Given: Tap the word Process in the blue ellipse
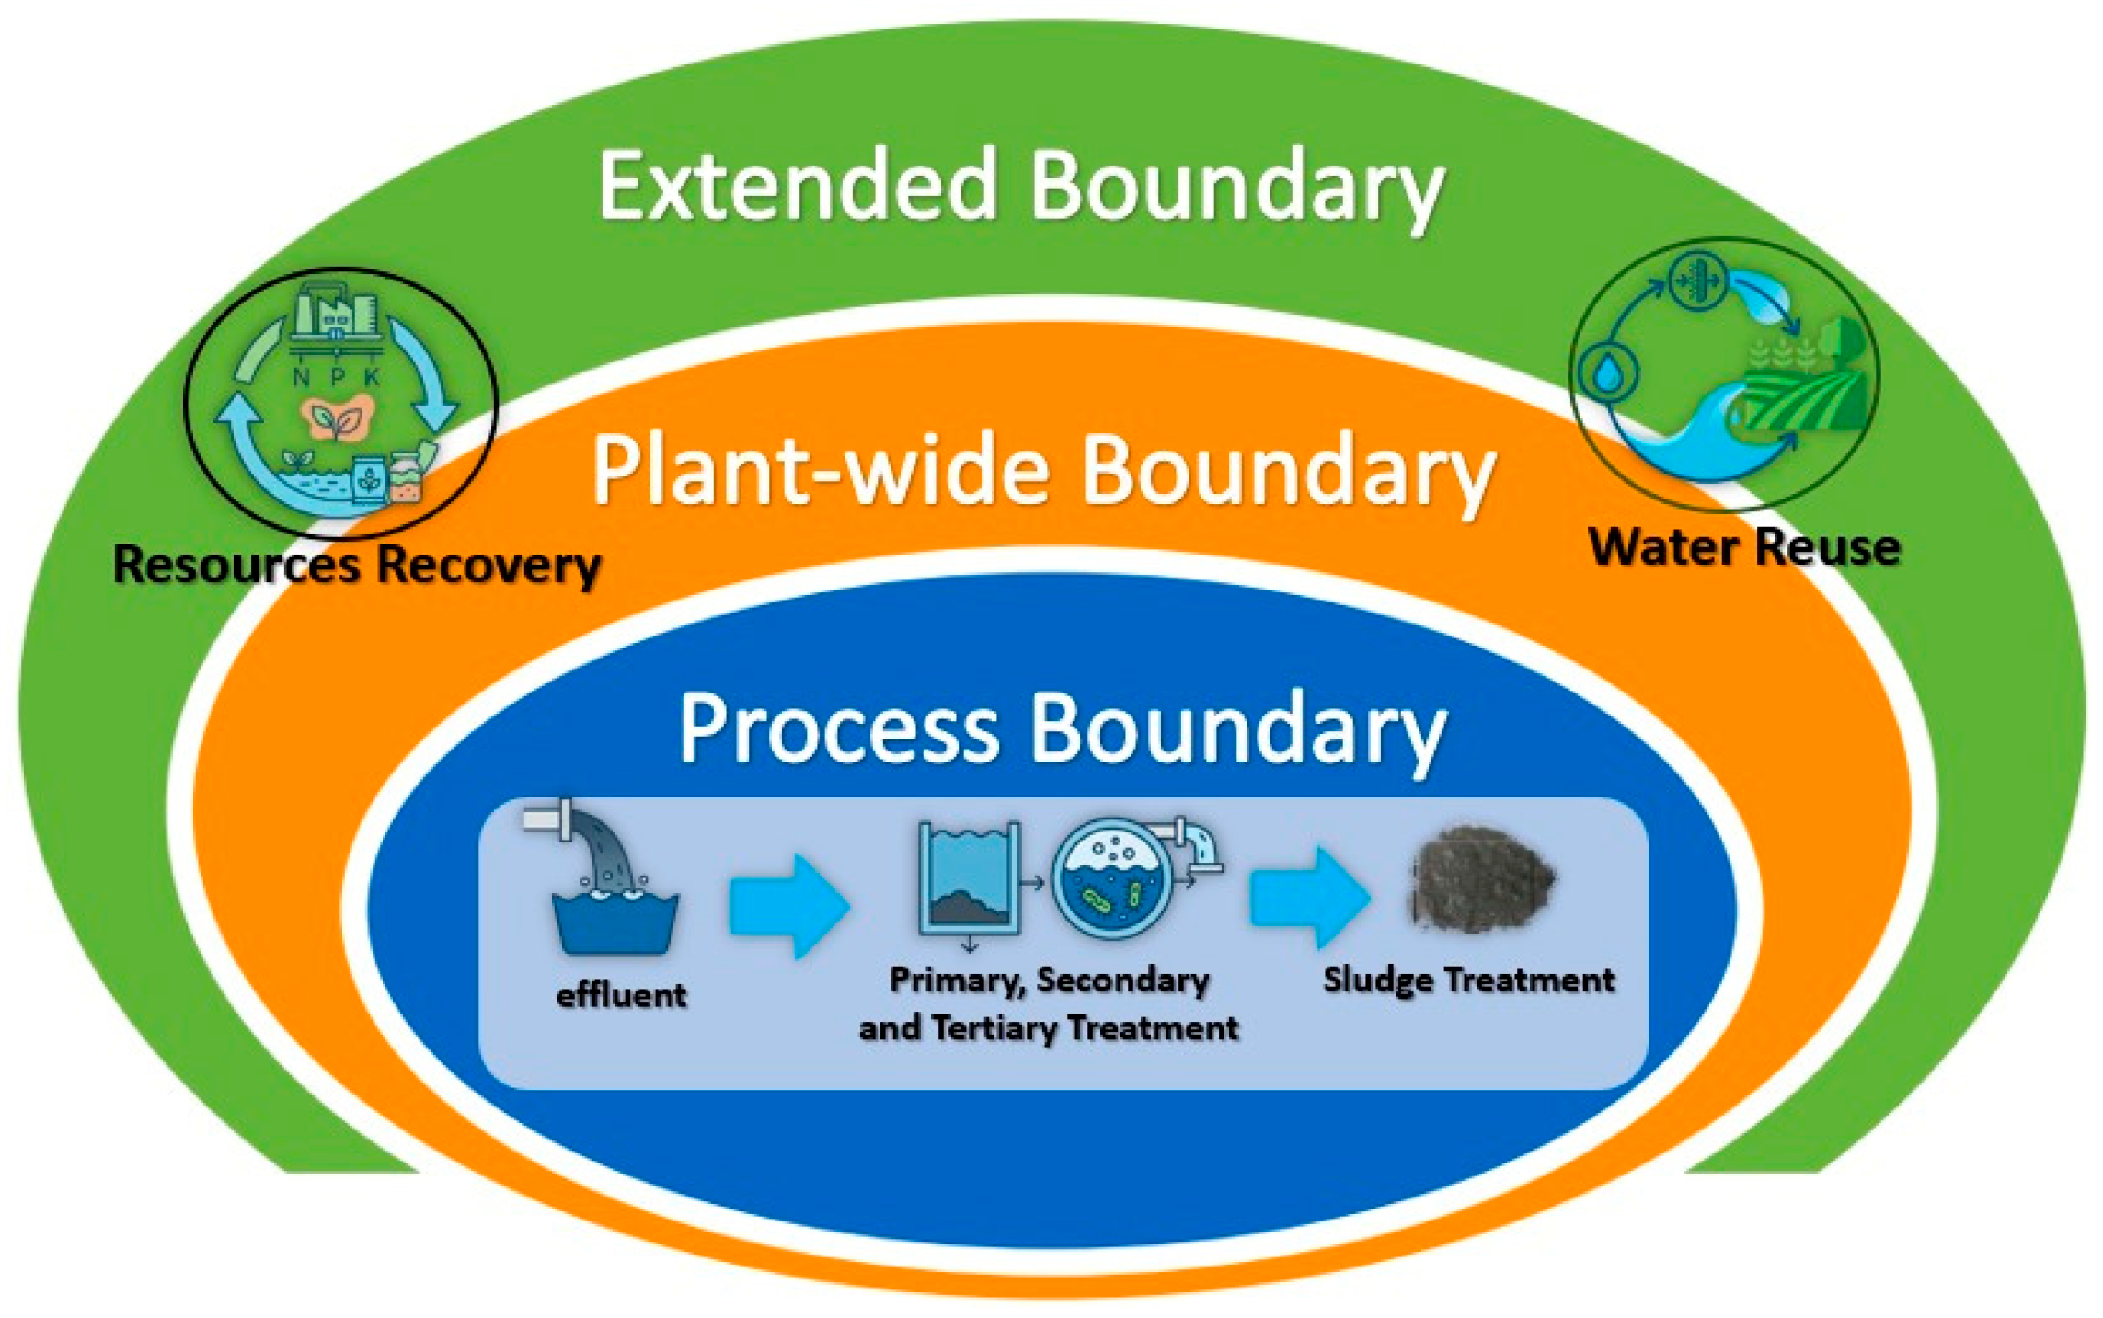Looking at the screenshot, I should pyautogui.click(x=838, y=729).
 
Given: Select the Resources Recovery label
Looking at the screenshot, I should pyautogui.click(x=357, y=564).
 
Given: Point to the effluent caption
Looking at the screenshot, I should pyautogui.click(x=621, y=995).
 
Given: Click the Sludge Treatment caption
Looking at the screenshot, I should pyautogui.click(x=1468, y=980).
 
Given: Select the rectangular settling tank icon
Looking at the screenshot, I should pyautogui.click(x=970, y=878).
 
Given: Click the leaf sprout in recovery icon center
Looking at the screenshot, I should pyautogui.click(x=337, y=419).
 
